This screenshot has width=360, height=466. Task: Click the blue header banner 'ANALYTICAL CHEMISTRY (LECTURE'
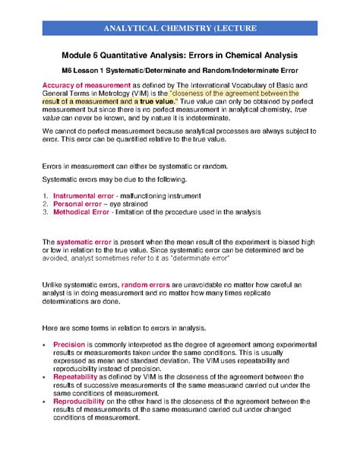180,29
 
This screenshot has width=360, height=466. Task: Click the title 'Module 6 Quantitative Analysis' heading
180,57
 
